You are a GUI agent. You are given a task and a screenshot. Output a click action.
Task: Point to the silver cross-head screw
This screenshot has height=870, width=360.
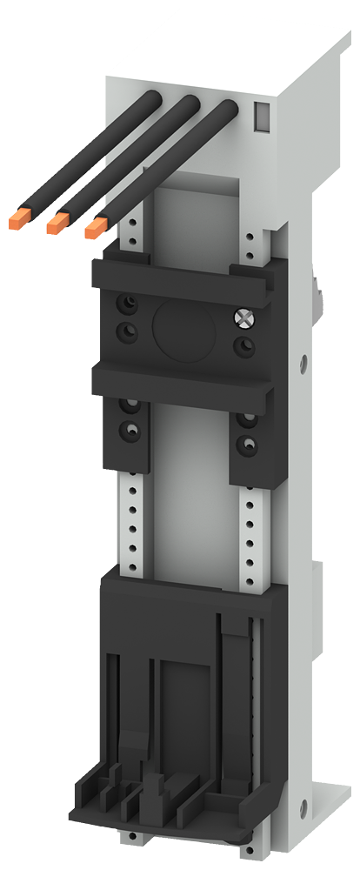tap(243, 318)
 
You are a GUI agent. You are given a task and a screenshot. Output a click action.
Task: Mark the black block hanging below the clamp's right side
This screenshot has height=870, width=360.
tap(247, 439)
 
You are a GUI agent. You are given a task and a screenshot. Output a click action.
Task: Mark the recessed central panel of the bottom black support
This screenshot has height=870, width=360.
tap(183, 696)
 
